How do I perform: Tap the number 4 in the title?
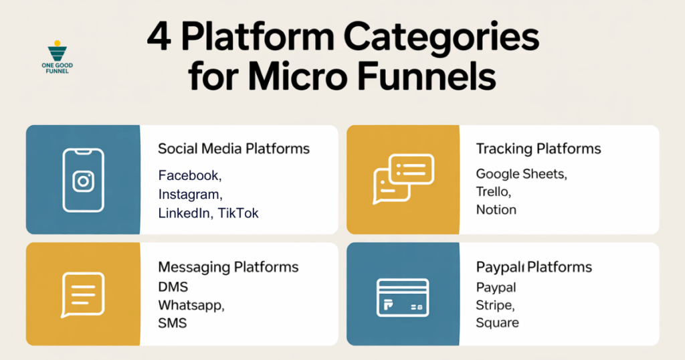[158, 41]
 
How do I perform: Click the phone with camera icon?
[83, 180]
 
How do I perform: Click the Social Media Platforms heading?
[233, 149]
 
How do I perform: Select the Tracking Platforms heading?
[538, 149]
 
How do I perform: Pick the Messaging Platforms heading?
[228, 267]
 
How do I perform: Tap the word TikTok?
[238, 213]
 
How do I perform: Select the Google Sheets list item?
[521, 174]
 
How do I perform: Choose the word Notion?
[496, 209]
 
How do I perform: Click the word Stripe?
[495, 305]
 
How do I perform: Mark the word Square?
[497, 323]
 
